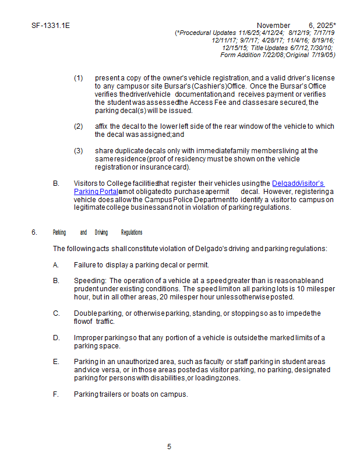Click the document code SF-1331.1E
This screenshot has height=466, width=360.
[51, 26]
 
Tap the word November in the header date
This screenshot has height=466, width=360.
[273, 26]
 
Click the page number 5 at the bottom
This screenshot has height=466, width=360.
[169, 447]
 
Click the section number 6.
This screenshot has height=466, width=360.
[34, 232]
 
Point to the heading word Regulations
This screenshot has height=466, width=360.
[132, 232]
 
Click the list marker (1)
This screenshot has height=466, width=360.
[78, 78]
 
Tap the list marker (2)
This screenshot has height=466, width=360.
[78, 126]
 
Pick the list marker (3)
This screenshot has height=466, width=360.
[78, 151]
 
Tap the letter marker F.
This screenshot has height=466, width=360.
[56, 394]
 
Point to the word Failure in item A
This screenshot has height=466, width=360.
[84, 264]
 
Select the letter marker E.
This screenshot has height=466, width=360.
[56, 362]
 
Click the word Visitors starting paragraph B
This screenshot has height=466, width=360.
[86, 183]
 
